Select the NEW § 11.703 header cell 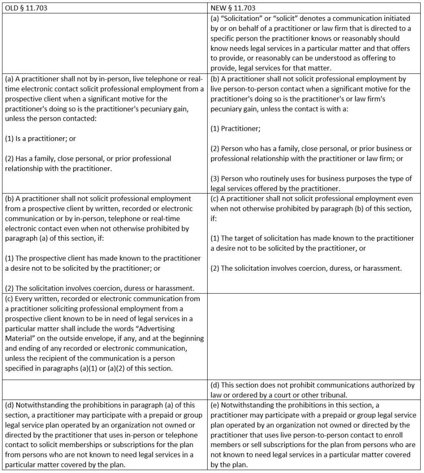pos(233,8)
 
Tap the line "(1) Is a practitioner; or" pos(40,138)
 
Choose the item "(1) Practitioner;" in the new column pos(235,129)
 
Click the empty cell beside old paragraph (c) pos(314,336)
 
